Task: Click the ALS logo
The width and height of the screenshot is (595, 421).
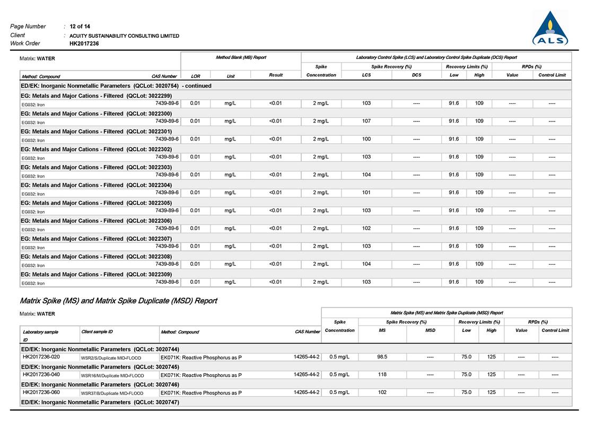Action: pyautogui.click(x=550, y=30)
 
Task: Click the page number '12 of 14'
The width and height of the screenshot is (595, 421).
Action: pyautogui.click(x=80, y=27)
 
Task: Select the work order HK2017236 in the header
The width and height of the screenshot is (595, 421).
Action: pyautogui.click(x=84, y=43)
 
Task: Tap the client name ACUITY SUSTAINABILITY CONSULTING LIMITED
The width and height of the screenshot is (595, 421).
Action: pyautogui.click(x=124, y=36)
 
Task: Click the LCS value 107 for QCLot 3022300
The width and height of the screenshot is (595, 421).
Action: pyautogui.click(x=366, y=121)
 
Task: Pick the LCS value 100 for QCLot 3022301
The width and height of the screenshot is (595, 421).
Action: pyautogui.click(x=366, y=139)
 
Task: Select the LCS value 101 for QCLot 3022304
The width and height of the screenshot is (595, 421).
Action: pyautogui.click(x=366, y=192)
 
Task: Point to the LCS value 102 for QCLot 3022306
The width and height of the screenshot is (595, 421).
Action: pyautogui.click(x=366, y=228)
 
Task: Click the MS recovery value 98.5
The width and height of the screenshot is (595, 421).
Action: pyautogui.click(x=382, y=357)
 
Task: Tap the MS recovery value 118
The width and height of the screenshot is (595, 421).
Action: pyautogui.click(x=382, y=374)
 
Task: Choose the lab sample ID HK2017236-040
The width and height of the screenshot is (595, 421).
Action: pyautogui.click(x=41, y=374)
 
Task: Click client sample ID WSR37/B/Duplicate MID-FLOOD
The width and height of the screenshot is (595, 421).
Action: pyautogui.click(x=112, y=393)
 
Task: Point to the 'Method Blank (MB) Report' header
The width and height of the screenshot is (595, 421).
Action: pyautogui.click(x=241, y=57)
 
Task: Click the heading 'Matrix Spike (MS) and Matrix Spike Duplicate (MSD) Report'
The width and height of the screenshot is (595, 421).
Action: pyautogui.click(x=118, y=301)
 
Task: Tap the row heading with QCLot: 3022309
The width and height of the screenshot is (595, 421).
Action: pyautogui.click(x=96, y=274)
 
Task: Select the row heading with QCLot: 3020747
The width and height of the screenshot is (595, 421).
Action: pyautogui.click(x=100, y=402)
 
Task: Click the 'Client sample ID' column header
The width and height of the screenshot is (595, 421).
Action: pyautogui.click(x=97, y=331)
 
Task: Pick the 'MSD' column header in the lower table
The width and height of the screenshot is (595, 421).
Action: pyautogui.click(x=430, y=330)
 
